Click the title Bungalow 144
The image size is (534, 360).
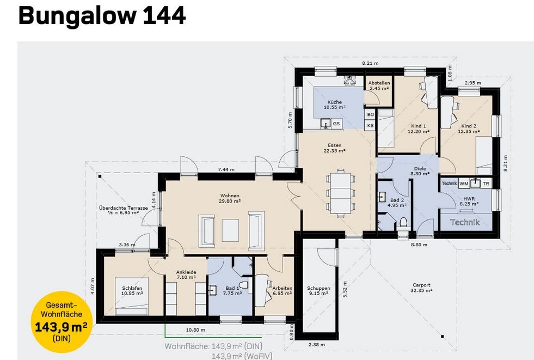point(102,16)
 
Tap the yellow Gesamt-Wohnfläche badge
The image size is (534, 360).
point(62,321)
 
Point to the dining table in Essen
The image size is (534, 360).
point(341,193)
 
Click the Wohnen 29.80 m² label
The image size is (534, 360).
point(230,198)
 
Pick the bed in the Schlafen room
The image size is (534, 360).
point(132,296)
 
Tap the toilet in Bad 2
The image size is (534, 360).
point(403,223)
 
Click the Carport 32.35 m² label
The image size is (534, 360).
point(421,288)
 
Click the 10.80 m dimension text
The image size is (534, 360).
point(195,330)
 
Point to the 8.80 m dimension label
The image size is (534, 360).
point(419,245)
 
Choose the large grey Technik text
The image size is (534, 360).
point(465,222)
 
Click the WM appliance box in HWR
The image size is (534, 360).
point(464,184)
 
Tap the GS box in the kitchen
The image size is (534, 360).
point(336,124)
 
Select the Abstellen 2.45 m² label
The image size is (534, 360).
point(379,86)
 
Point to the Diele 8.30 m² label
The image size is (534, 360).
point(420,171)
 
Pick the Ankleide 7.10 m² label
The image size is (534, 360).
point(186,275)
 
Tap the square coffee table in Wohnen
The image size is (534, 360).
point(230,230)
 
